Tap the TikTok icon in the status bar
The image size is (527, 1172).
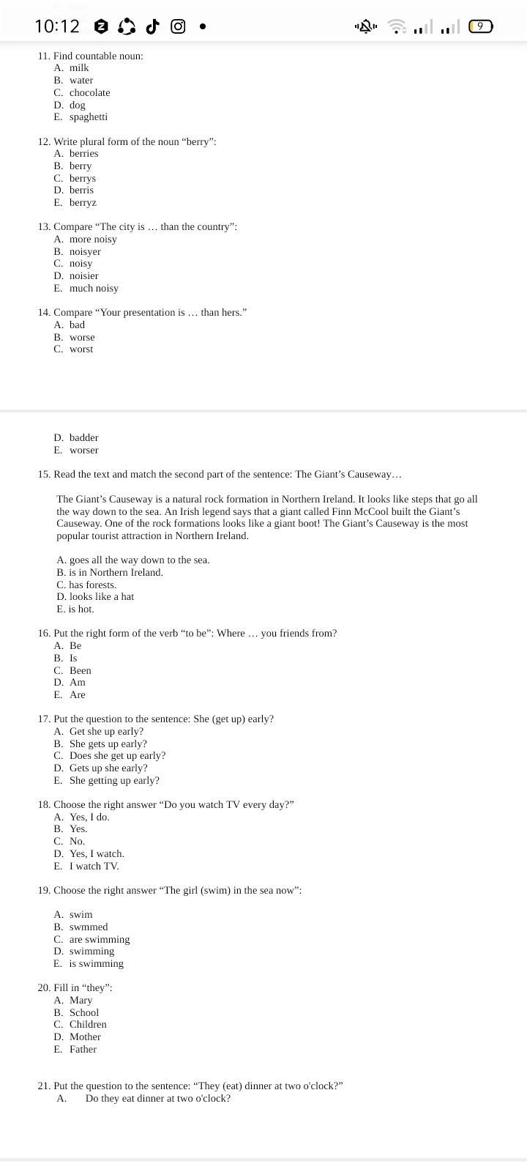(x=152, y=26)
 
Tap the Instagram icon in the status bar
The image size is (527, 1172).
(x=178, y=26)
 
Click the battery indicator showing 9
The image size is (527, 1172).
(x=480, y=26)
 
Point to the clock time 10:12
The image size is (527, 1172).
(x=56, y=26)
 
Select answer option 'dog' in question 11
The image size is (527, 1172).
(x=77, y=105)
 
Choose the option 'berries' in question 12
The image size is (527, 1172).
(x=83, y=153)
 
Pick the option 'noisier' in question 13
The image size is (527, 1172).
(x=83, y=275)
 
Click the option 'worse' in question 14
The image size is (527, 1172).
(x=82, y=337)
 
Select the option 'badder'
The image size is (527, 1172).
(x=83, y=437)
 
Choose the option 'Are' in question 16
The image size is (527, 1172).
(x=77, y=694)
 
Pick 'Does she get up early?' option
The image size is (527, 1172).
(x=117, y=755)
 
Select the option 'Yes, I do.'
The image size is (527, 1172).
(x=89, y=817)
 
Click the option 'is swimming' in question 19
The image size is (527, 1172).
(x=96, y=963)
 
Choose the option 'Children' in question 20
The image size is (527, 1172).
(x=88, y=1024)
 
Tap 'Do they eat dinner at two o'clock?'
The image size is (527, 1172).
(x=157, y=1098)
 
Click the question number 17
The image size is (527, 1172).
(x=44, y=719)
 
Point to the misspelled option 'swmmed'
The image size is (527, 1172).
(x=89, y=927)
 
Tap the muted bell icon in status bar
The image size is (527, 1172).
(x=365, y=26)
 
